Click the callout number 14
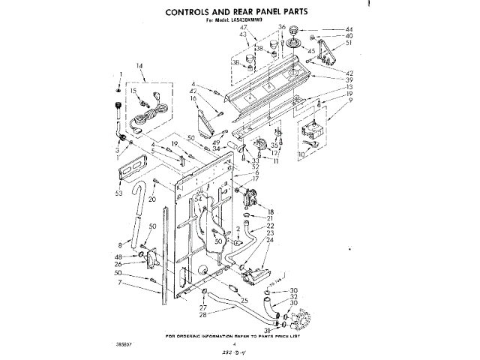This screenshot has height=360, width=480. click(x=139, y=66)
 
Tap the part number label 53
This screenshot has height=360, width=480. click(x=118, y=193)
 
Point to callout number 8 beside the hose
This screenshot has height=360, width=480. click(x=121, y=244)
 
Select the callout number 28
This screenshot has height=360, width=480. click(x=202, y=314)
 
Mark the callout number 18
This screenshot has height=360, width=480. click(x=271, y=211)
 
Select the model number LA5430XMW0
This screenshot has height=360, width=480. click(x=260, y=22)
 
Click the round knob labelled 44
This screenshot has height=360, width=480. click(x=293, y=30)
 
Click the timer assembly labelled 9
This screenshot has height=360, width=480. click(x=309, y=133)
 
